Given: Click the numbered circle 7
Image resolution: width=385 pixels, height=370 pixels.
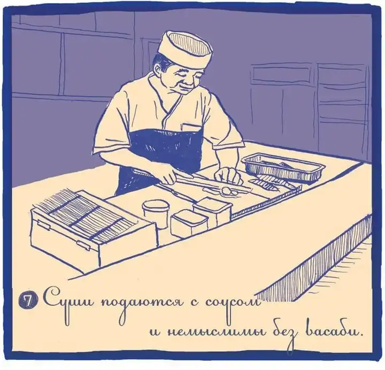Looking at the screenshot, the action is point(28,300).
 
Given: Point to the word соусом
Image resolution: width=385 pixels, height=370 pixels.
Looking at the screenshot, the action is point(232,302).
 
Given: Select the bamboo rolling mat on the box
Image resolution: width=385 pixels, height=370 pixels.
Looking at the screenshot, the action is point(84,215).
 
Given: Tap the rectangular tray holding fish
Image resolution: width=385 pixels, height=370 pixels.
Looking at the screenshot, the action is point(283,167).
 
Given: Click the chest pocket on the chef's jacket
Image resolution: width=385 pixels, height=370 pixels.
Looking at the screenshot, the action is point(191,128).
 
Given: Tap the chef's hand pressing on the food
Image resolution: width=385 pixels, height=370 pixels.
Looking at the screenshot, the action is point(228,175).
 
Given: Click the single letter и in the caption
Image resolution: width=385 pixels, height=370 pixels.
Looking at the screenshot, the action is point(156,332).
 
